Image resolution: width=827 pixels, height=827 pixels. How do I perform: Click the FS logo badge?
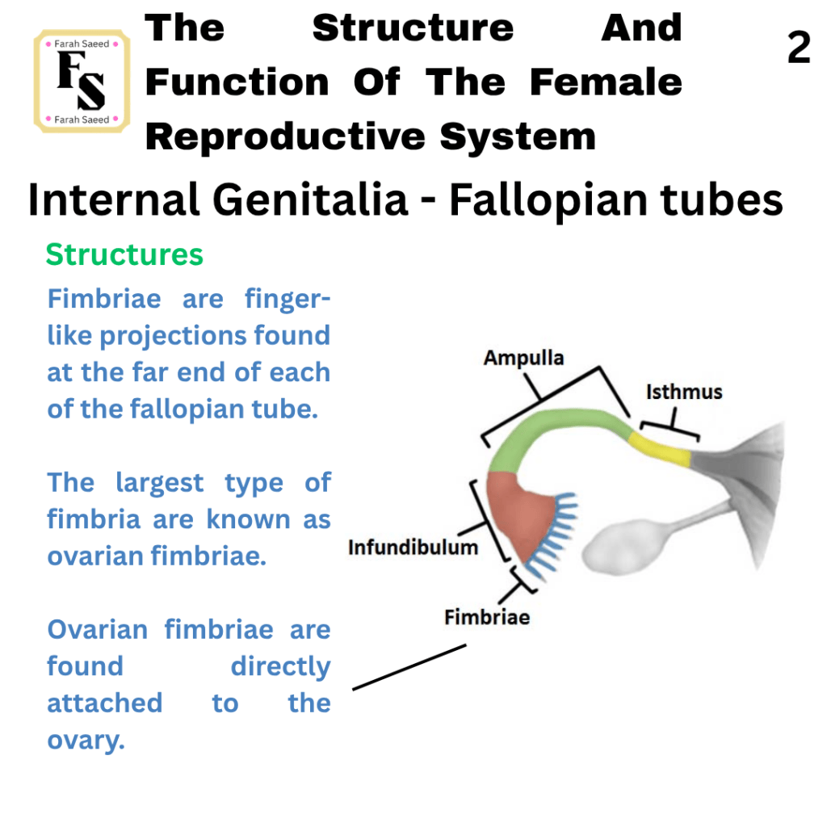tap(82, 82)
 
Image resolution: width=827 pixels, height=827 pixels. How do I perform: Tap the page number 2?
tap(799, 48)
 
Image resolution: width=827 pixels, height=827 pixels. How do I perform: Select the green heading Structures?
tap(124, 254)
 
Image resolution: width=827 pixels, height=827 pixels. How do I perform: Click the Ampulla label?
tap(523, 358)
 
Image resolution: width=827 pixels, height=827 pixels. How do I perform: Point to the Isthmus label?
tap(684, 392)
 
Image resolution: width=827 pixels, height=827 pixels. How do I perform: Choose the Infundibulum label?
tap(413, 548)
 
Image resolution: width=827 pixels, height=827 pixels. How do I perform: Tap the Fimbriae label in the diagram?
tap(487, 617)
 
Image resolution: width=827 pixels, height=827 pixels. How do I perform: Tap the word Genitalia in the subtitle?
tap(310, 200)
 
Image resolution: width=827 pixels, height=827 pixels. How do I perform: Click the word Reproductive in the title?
tap(285, 136)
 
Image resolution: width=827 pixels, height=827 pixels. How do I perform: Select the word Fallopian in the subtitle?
tap(548, 201)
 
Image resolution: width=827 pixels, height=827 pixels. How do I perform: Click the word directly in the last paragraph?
tap(280, 667)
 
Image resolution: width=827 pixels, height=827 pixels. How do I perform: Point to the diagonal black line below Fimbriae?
tap(409, 666)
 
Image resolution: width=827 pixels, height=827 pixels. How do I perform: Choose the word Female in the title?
tap(606, 82)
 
